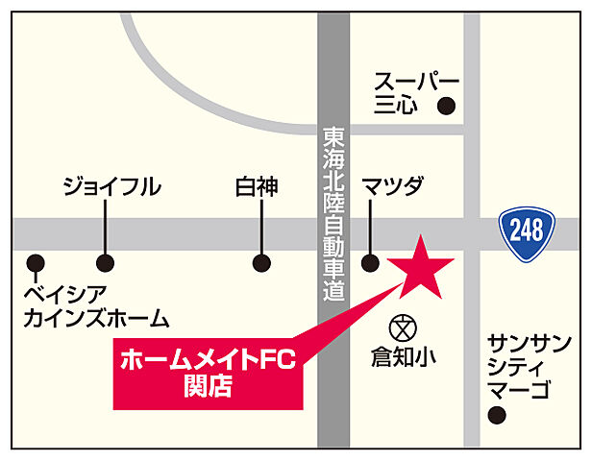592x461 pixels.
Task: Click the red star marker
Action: click(421, 269)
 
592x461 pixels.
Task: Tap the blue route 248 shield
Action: click(527, 230)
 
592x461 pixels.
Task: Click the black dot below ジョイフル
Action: click(105, 261)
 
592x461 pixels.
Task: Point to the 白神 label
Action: click(257, 186)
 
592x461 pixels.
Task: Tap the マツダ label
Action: click(392, 186)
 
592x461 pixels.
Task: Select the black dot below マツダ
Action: click(370, 261)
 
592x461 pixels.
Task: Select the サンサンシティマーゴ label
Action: click(530, 366)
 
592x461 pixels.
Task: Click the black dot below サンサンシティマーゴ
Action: click(497, 416)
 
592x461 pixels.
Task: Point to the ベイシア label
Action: click(64, 292)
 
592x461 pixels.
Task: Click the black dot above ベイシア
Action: click(36, 261)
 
